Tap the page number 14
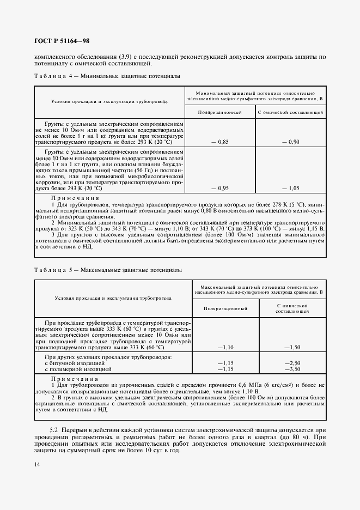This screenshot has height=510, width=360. (x=37, y=464)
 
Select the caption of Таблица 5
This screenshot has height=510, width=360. (x=108, y=270)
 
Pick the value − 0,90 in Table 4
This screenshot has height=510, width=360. (x=291, y=142)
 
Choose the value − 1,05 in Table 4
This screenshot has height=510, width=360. (x=291, y=188)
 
